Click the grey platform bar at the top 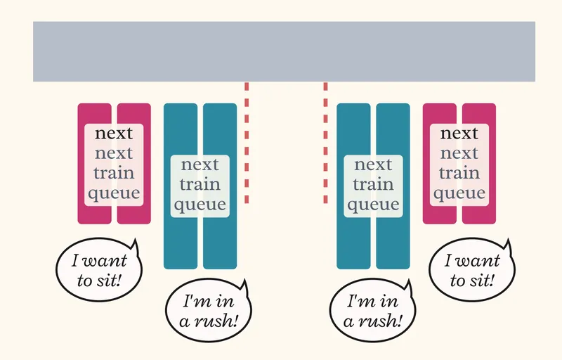[x=284, y=51]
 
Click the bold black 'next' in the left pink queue [x=114, y=134]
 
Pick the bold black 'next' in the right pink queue [x=459, y=134]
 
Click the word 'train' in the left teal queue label [x=200, y=184]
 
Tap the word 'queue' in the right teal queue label [x=373, y=205]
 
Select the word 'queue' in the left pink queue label [x=114, y=193]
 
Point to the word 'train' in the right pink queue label [x=459, y=173]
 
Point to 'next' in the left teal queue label [x=200, y=165]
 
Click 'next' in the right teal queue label [x=373, y=165]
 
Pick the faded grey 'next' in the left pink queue [x=114, y=153]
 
